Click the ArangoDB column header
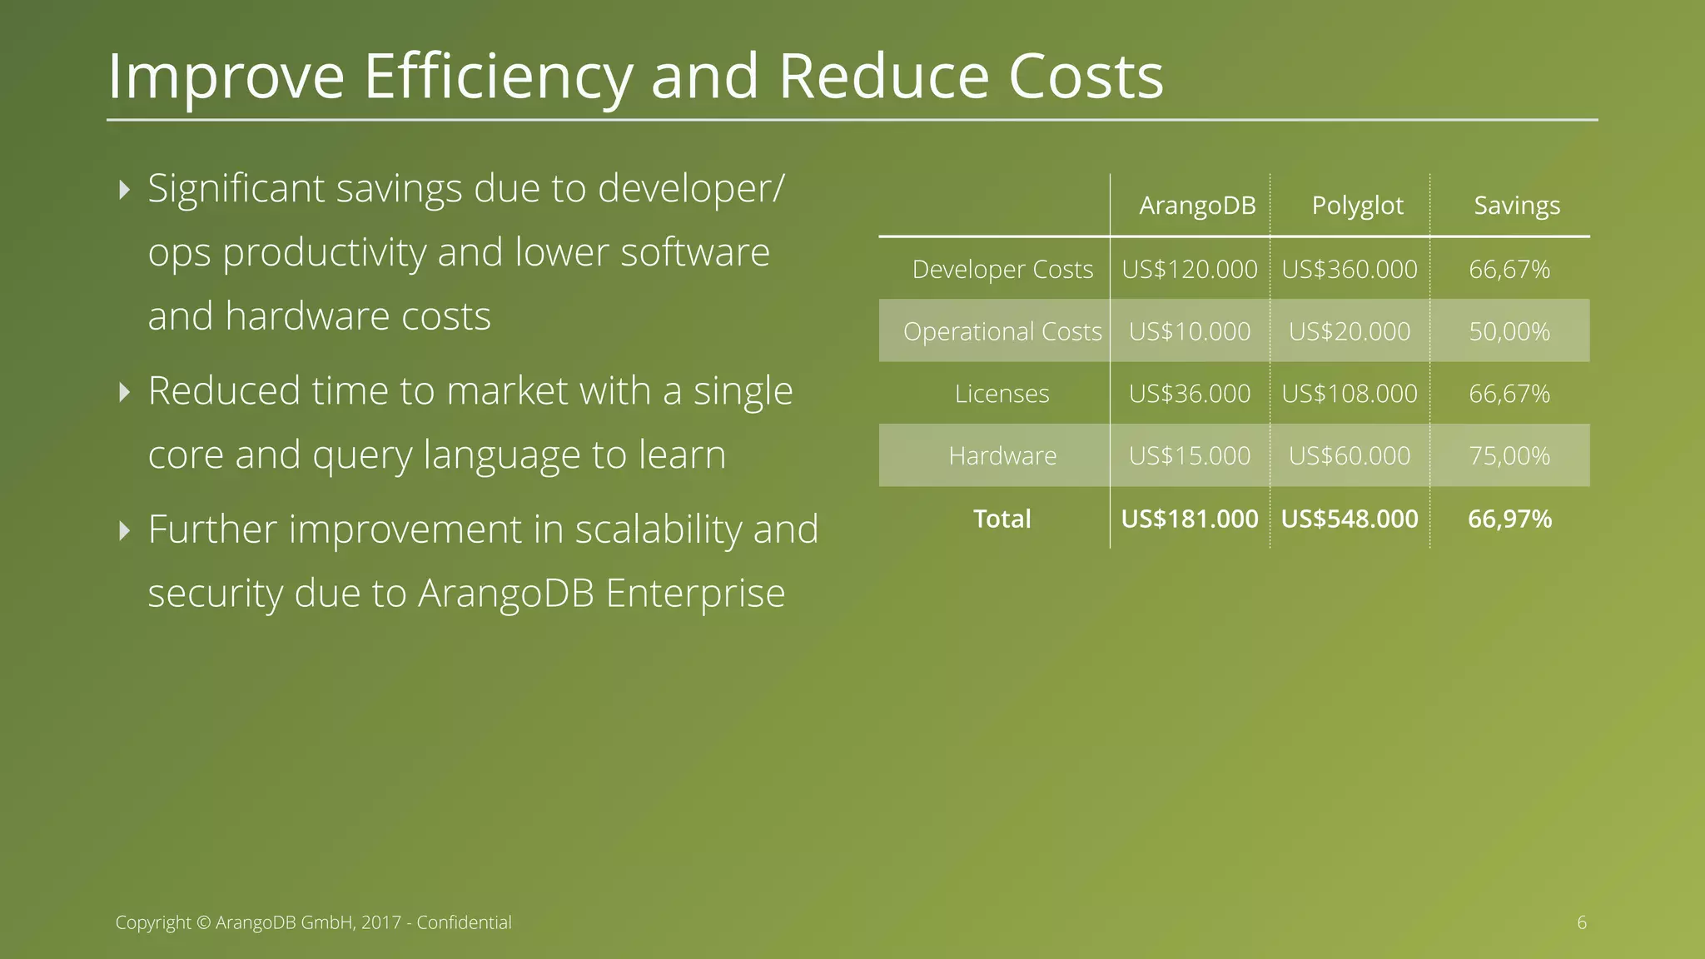pyautogui.click(x=1197, y=206)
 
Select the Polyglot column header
pyautogui.click(x=1357, y=206)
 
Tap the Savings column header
pyautogui.click(x=1516, y=206)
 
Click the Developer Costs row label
pyautogui.click(x=1002, y=270)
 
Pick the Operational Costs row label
pyautogui.click(x=1002, y=331)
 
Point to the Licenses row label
pyautogui.click(x=1002, y=394)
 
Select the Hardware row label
pyautogui.click(x=1002, y=456)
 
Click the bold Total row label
pyautogui.click(x=1002, y=519)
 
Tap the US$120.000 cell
pyautogui.click(x=1189, y=270)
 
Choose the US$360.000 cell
pyautogui.click(x=1349, y=270)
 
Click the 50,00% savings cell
pyautogui.click(x=1509, y=331)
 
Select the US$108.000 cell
pyautogui.click(x=1349, y=394)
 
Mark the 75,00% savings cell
pyautogui.click(x=1509, y=456)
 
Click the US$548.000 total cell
pyautogui.click(x=1349, y=519)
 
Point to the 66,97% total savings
pyautogui.click(x=1509, y=519)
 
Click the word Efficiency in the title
pyautogui.click(x=498, y=77)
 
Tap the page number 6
pyautogui.click(x=1581, y=922)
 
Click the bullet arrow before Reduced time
pyautogui.click(x=125, y=391)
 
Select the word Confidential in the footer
pyautogui.click(x=464, y=922)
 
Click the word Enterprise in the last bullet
pyautogui.click(x=695, y=594)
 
